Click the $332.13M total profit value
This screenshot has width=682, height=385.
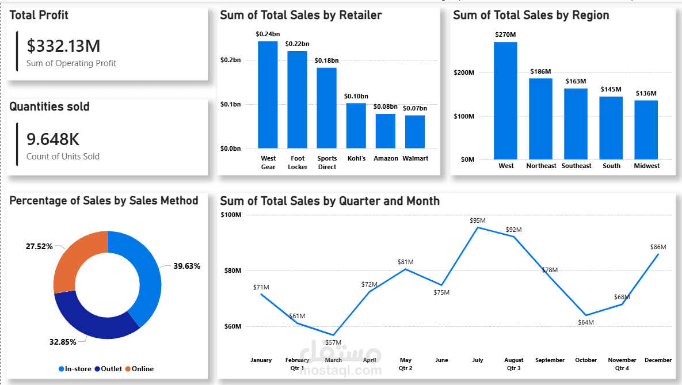(63, 46)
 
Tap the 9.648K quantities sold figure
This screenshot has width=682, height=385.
(53, 139)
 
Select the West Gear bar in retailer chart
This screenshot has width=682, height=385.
(268, 95)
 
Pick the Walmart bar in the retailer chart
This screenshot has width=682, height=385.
(415, 132)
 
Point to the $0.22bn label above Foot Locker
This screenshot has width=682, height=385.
(298, 44)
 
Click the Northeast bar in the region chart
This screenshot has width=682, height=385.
(540, 119)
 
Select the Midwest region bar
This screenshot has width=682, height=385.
(646, 129)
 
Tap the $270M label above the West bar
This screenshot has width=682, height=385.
(505, 35)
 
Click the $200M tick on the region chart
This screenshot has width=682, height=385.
(464, 73)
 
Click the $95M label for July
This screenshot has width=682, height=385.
(478, 220)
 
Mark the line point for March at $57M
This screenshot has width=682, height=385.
(333, 335)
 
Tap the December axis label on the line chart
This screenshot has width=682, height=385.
(658, 360)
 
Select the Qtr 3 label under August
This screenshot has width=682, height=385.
(514, 368)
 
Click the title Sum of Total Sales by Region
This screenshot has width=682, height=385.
(531, 15)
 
